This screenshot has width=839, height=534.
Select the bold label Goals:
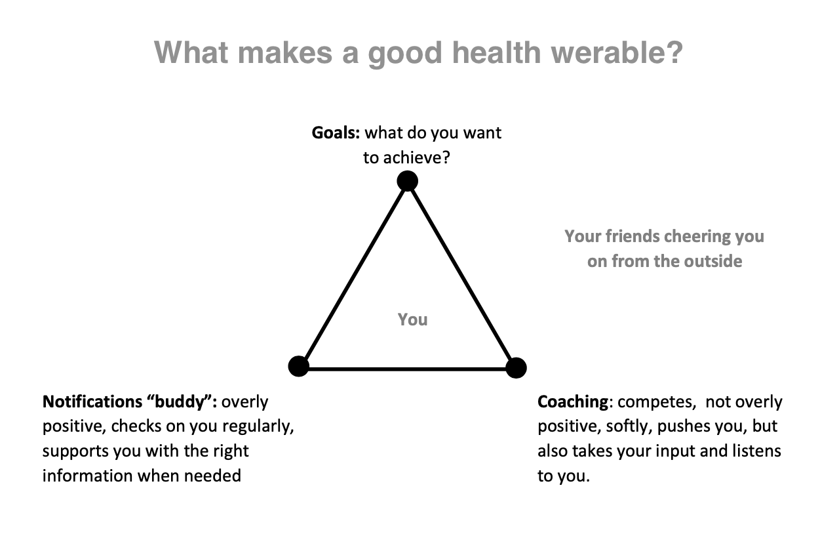(x=336, y=133)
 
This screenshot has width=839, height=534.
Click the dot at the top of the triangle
(x=408, y=181)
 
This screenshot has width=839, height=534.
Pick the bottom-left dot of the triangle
(x=298, y=366)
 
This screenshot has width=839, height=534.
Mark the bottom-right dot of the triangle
(x=516, y=367)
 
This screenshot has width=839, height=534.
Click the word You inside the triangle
(x=412, y=320)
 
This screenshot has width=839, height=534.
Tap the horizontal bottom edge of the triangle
(x=408, y=369)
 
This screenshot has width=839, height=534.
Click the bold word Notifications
(x=92, y=401)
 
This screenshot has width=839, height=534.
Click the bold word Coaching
(x=573, y=402)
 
